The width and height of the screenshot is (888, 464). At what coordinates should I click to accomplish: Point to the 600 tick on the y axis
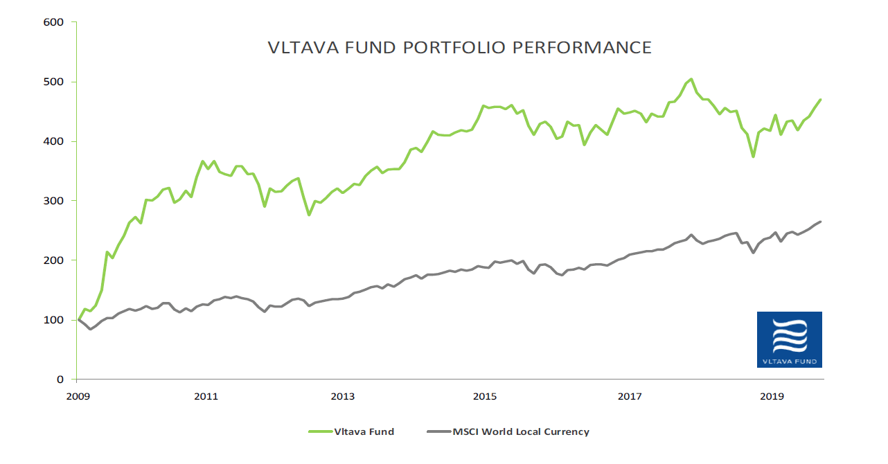point(53,22)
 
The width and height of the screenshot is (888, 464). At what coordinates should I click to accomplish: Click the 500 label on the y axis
point(53,82)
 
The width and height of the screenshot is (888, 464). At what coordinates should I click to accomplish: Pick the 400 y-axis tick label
point(53,141)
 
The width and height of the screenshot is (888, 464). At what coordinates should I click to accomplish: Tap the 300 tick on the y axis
point(53,201)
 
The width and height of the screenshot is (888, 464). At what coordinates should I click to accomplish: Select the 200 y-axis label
point(53,260)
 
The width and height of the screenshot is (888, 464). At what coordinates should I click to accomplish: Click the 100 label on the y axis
point(53,320)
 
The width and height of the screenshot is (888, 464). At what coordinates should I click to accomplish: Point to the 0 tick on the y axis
point(60,380)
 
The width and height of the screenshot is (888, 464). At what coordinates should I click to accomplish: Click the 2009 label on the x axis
point(77,397)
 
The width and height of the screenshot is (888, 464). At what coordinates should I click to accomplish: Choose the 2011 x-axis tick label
point(206,397)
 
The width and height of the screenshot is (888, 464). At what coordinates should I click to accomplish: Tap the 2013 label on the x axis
point(344,397)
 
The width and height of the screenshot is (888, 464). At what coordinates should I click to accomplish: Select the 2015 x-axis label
point(485,397)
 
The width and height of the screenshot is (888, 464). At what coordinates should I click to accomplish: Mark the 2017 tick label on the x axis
point(630,397)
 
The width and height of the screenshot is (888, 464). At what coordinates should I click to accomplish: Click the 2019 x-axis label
point(772,397)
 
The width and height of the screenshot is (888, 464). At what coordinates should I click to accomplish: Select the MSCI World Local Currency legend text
point(521,431)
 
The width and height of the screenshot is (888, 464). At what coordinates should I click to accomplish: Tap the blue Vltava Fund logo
point(789,339)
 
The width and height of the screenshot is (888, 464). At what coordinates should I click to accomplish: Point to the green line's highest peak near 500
point(691,79)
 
